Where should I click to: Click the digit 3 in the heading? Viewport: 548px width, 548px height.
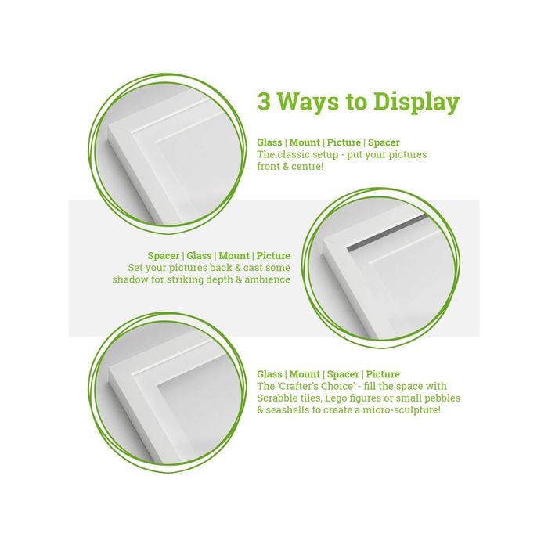point(264,102)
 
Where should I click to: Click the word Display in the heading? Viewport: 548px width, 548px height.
point(416,103)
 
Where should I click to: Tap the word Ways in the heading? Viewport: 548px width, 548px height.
point(308,102)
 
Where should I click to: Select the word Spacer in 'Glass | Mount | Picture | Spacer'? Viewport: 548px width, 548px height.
point(384,143)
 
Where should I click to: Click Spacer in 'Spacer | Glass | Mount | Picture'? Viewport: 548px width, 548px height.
point(163,256)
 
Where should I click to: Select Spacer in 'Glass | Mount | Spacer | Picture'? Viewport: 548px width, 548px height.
point(343,375)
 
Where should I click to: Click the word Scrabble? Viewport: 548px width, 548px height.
point(277,398)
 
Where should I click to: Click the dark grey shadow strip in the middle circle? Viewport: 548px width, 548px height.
point(388,232)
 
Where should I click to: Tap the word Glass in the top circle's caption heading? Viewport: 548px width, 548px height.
point(269,142)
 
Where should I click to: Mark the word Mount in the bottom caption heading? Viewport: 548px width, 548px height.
point(305,374)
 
